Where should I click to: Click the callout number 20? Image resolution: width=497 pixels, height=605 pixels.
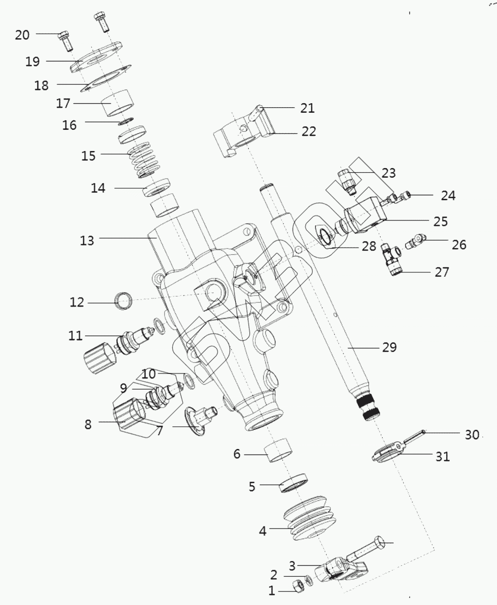tap(22, 35)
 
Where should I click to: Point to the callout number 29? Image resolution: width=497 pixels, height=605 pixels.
tap(389, 347)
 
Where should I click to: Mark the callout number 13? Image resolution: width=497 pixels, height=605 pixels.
tap(87, 241)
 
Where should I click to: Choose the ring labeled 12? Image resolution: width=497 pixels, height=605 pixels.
tap(124, 302)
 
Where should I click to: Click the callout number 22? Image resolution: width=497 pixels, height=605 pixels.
tap(309, 131)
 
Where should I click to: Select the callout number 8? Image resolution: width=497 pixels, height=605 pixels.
tap(88, 424)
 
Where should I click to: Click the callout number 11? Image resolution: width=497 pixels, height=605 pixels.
tap(76, 336)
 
